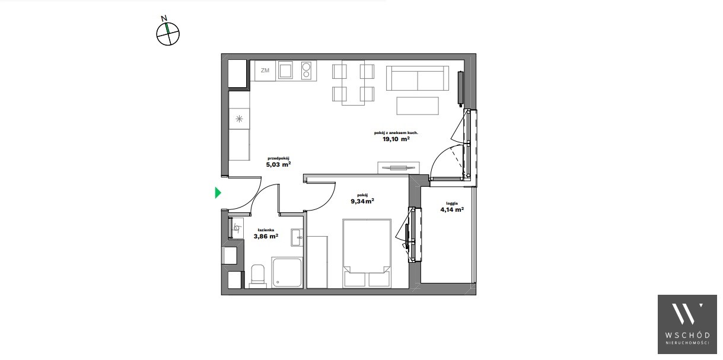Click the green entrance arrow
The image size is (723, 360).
(x=218, y=193)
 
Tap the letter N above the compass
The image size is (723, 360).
(x=164, y=18)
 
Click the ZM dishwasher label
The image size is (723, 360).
(x=265, y=71)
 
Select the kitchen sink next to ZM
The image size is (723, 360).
(x=286, y=71)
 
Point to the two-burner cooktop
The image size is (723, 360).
(x=306, y=71)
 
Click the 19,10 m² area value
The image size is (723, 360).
(x=396, y=139)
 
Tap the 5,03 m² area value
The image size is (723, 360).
(x=278, y=164)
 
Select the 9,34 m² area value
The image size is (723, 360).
(x=362, y=202)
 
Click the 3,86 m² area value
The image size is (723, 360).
(x=266, y=236)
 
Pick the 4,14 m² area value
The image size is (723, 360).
(x=452, y=209)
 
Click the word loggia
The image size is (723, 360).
(x=452, y=203)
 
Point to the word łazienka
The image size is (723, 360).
(x=266, y=230)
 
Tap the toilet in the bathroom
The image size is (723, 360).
(x=258, y=276)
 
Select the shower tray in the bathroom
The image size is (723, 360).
(x=287, y=272)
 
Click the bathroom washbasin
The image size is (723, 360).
(x=297, y=237)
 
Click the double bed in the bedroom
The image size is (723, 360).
(x=367, y=253)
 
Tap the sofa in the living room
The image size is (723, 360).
(x=418, y=78)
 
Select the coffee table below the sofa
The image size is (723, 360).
(x=418, y=106)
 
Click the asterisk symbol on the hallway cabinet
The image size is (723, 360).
(x=239, y=119)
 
